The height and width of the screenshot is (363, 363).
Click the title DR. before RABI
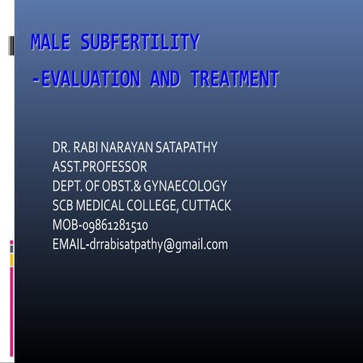click(x=61, y=147)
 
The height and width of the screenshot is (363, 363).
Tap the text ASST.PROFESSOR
click(x=99, y=166)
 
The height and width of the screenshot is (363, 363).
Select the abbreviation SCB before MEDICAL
click(x=64, y=206)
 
